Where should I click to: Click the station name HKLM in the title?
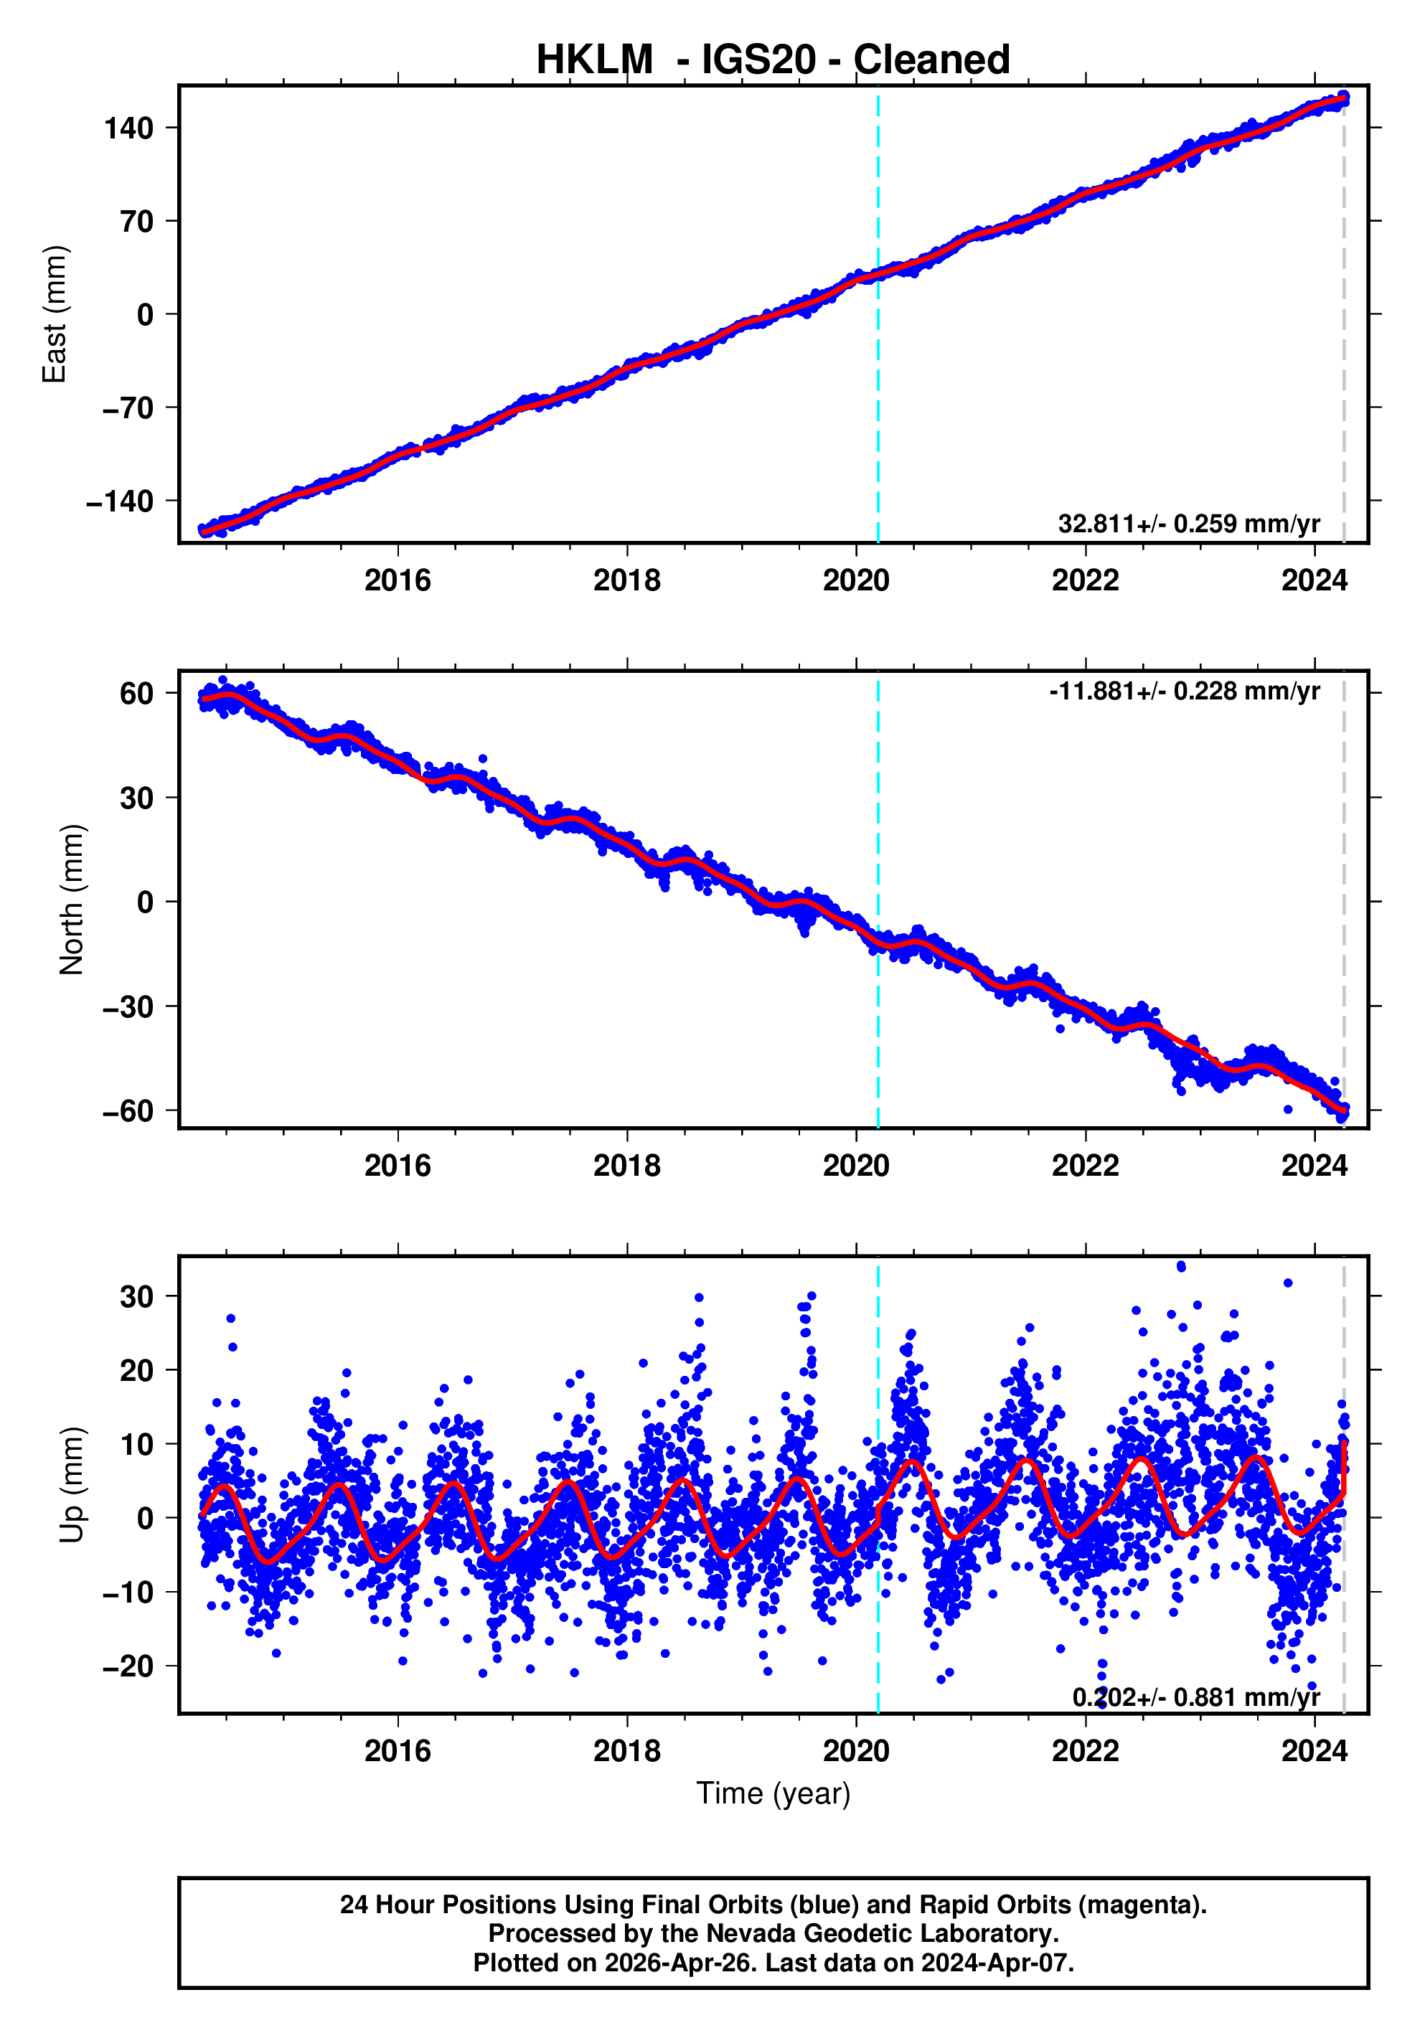tap(594, 60)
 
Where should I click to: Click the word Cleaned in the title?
tap(931, 60)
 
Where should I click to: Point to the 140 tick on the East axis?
tap(128, 128)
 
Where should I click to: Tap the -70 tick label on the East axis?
tap(128, 408)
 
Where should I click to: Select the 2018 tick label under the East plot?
tap(626, 581)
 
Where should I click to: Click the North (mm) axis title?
tap(71, 900)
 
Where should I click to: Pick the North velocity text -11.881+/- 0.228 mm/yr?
tap(1184, 691)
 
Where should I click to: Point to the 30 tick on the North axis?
tap(136, 798)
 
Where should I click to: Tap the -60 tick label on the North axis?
tap(128, 1111)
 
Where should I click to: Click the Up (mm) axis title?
tap(71, 1485)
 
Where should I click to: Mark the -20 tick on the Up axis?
tap(128, 1666)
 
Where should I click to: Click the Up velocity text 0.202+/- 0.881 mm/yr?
tap(1195, 1697)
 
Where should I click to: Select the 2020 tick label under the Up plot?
tap(855, 1751)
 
